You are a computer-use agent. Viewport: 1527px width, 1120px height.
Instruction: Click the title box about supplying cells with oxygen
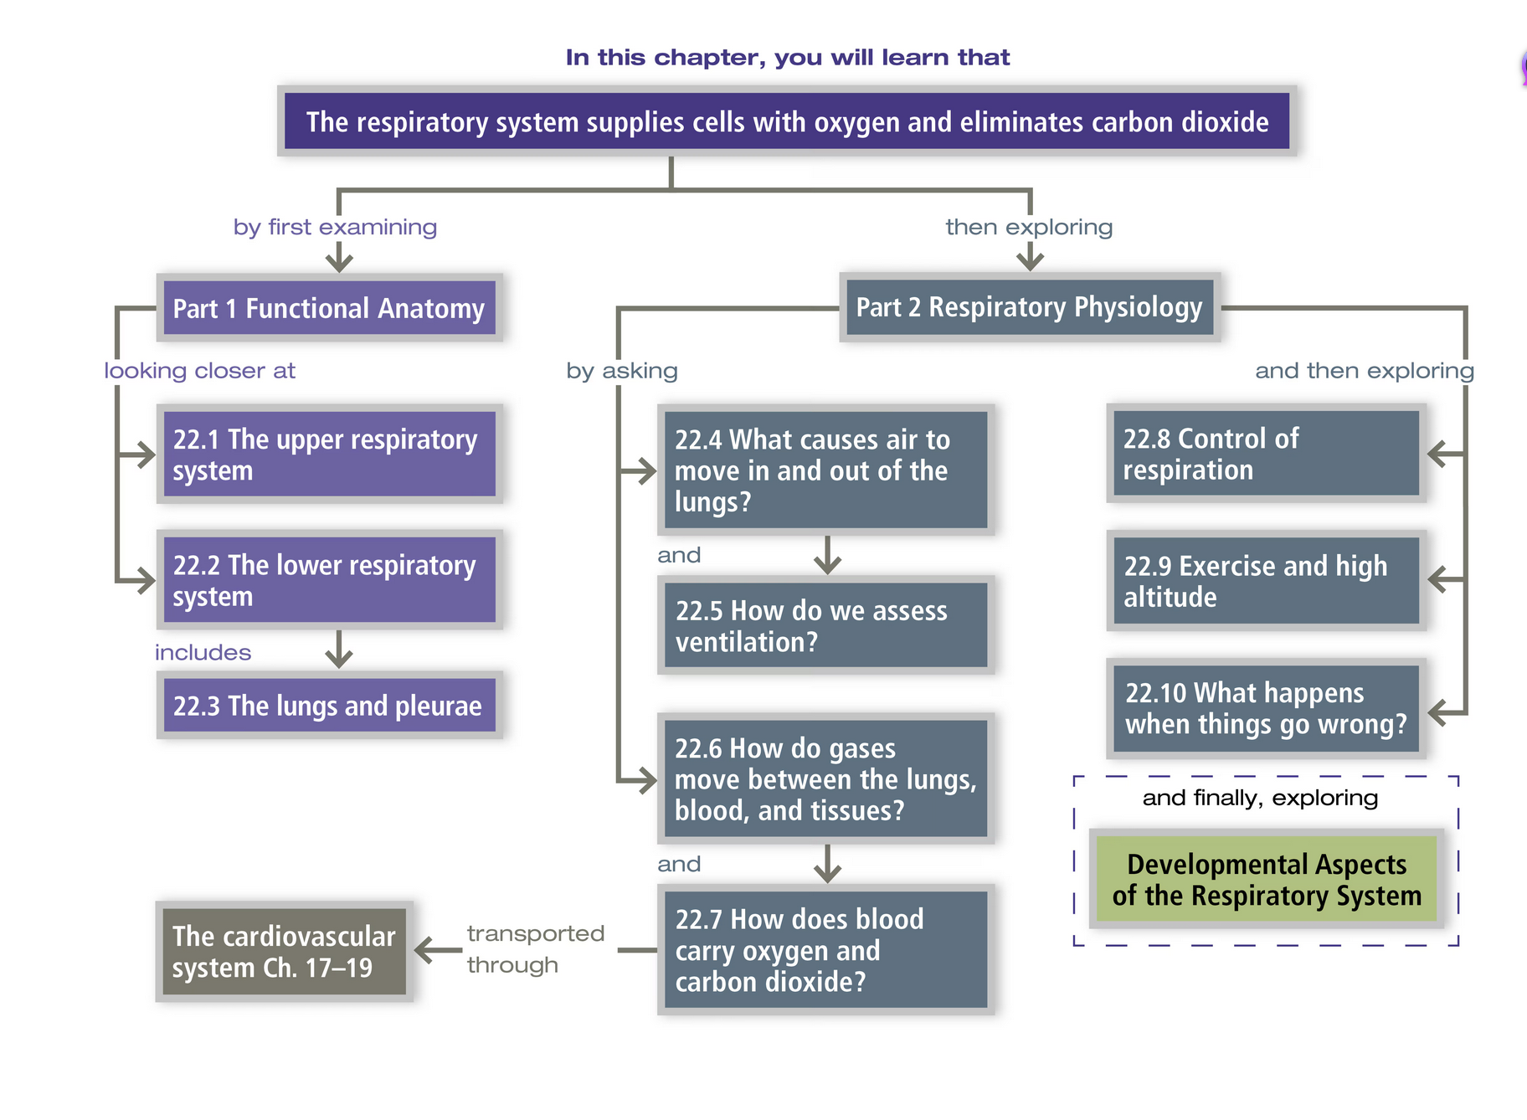(787, 121)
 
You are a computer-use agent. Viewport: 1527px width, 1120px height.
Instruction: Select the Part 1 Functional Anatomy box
(329, 308)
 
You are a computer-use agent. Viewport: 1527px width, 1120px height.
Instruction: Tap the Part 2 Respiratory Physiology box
(1029, 307)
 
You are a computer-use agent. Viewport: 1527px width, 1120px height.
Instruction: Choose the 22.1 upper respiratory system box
(329, 455)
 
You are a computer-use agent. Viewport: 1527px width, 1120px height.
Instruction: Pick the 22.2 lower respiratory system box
(329, 580)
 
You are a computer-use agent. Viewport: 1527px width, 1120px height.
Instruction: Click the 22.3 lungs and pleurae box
(329, 706)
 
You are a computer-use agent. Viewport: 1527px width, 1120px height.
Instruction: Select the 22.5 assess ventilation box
(825, 625)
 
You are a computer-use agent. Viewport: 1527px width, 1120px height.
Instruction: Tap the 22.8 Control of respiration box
(1266, 454)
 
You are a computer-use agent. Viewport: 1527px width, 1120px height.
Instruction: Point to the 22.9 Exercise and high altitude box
(1266, 581)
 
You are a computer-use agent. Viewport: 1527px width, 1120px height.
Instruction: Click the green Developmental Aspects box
(1266, 879)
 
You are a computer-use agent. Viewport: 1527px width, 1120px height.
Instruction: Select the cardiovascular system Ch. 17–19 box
(284, 951)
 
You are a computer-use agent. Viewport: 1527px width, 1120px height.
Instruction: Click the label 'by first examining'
(335, 227)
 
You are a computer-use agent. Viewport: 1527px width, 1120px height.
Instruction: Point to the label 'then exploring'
(1029, 227)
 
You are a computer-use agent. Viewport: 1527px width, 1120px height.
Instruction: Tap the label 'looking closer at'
(199, 370)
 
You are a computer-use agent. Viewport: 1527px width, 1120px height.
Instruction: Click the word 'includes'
(203, 652)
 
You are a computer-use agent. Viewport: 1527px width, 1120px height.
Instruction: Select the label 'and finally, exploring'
(1260, 797)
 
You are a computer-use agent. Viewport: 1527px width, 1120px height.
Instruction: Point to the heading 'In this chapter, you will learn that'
(787, 57)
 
